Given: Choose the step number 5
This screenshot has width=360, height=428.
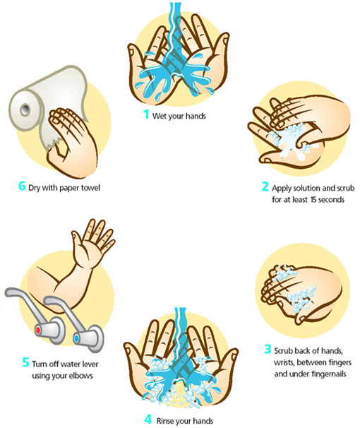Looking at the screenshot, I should pos(25,363).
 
